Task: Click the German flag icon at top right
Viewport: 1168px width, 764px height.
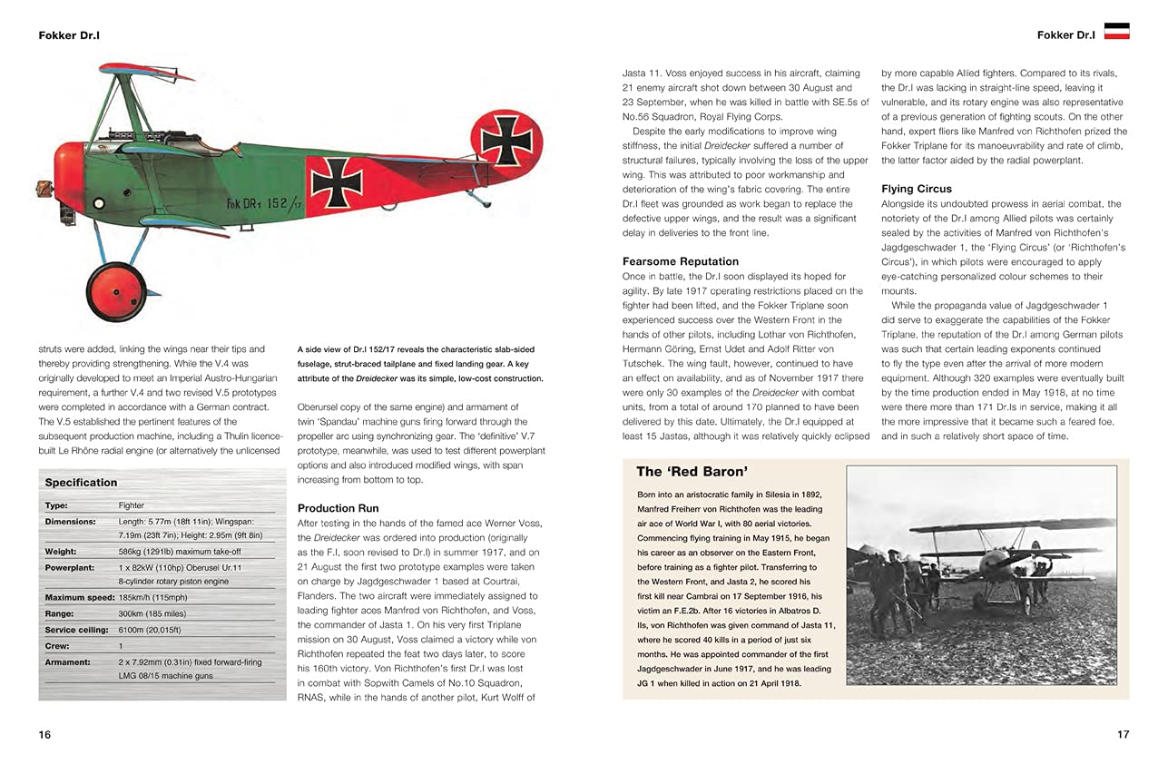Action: coord(1115,31)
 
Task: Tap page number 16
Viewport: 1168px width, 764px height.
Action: coord(44,734)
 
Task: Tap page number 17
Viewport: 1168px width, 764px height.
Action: coord(1123,734)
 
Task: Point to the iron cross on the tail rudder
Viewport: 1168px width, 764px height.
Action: coord(506,141)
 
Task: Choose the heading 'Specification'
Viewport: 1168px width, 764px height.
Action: coord(81,483)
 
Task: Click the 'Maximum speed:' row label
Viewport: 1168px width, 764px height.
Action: coord(81,597)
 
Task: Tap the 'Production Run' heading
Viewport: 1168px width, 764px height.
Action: coord(338,508)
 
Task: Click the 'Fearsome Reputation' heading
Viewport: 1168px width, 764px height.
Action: coord(680,261)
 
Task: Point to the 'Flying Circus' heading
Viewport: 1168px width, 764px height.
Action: coord(917,189)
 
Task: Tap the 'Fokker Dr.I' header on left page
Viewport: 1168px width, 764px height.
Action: coord(69,35)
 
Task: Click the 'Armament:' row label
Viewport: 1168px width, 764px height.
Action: coord(67,662)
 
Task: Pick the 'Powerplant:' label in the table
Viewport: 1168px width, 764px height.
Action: coord(70,567)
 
